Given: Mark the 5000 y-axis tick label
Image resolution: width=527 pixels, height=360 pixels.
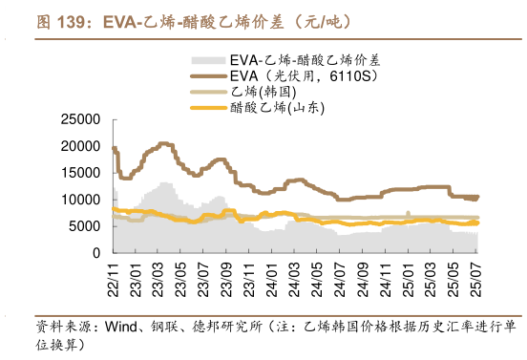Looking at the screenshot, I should (85, 226).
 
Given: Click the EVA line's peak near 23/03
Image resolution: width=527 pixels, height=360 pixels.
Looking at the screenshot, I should (164, 143).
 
